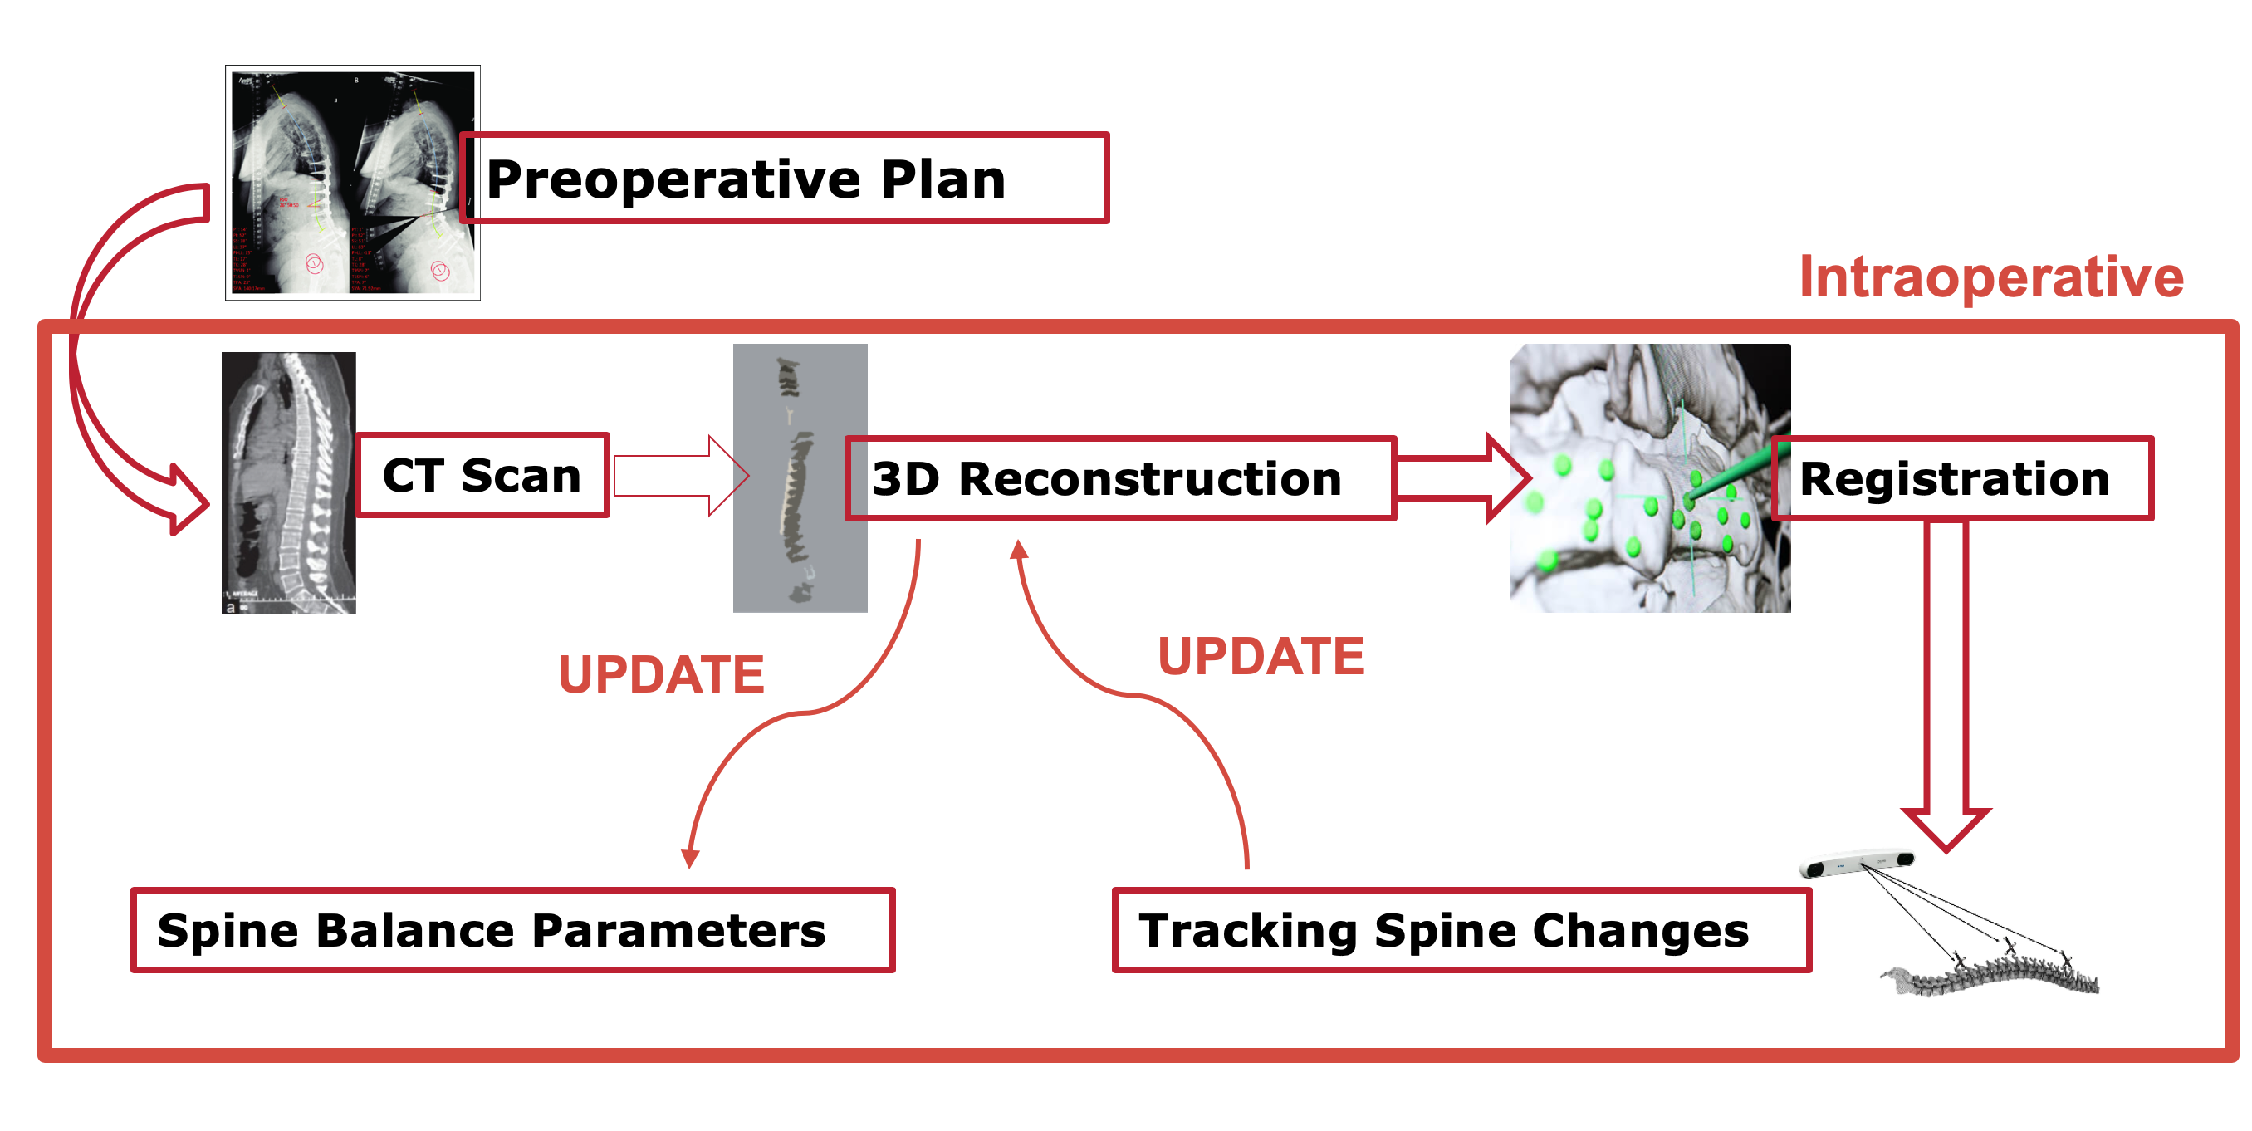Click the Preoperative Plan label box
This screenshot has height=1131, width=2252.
coord(783,179)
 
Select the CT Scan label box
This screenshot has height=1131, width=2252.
coord(482,476)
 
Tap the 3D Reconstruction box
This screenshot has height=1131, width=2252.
coord(1119,479)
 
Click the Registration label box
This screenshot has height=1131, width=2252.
coord(1961,479)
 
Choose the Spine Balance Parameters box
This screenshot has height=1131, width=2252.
coord(512,930)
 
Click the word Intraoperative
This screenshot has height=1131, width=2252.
coord(1991,278)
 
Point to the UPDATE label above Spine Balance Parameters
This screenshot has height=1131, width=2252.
coord(661,675)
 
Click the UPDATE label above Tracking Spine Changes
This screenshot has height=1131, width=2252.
coord(1261,658)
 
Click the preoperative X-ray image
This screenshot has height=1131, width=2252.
coord(352,182)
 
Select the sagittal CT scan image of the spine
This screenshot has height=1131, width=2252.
coord(288,482)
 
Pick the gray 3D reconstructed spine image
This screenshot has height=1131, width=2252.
coord(800,477)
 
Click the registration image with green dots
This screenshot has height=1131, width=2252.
coord(1649,477)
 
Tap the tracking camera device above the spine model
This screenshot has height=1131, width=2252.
coord(1857,864)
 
